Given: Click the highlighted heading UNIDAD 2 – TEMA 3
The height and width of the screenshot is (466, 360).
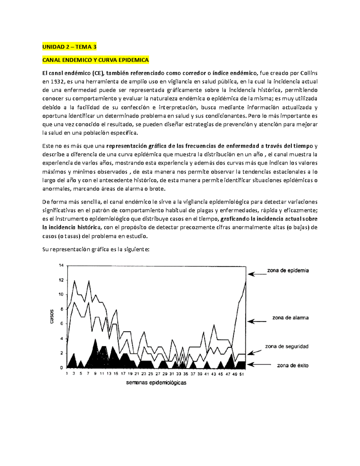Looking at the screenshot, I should [x=69, y=47].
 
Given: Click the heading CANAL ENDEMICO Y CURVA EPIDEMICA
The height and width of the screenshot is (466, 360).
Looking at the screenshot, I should [x=95, y=60].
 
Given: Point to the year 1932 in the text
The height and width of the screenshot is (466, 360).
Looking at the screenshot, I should [x=57, y=82].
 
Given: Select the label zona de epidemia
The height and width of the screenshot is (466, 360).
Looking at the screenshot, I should [x=288, y=270].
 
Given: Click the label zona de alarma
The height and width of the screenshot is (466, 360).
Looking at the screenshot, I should [x=290, y=317].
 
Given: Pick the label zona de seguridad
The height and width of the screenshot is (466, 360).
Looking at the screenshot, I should [x=286, y=346].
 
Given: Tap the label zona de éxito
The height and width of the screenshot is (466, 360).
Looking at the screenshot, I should [x=292, y=365].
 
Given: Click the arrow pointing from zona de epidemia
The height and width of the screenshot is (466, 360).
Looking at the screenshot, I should [x=257, y=274].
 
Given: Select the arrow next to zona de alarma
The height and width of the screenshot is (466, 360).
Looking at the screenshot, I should [x=257, y=321].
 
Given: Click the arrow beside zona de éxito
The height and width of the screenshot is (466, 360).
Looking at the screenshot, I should [x=257, y=365].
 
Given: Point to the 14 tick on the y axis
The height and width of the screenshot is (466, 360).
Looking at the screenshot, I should [x=61, y=265].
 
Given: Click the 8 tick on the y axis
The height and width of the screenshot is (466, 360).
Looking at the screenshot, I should [x=62, y=309].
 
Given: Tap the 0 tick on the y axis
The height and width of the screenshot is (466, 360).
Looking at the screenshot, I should [x=62, y=368].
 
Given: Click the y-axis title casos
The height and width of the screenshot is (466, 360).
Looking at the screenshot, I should [x=52, y=316].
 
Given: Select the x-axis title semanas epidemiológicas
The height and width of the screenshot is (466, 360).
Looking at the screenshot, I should [x=156, y=383].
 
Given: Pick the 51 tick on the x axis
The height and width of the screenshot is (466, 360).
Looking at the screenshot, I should [x=241, y=374].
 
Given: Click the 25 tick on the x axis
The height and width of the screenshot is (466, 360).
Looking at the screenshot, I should [x=151, y=374].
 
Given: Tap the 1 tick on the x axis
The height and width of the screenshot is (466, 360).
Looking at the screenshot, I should [x=67, y=374].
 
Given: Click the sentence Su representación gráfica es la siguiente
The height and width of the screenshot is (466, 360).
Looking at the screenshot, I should [x=96, y=249].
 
